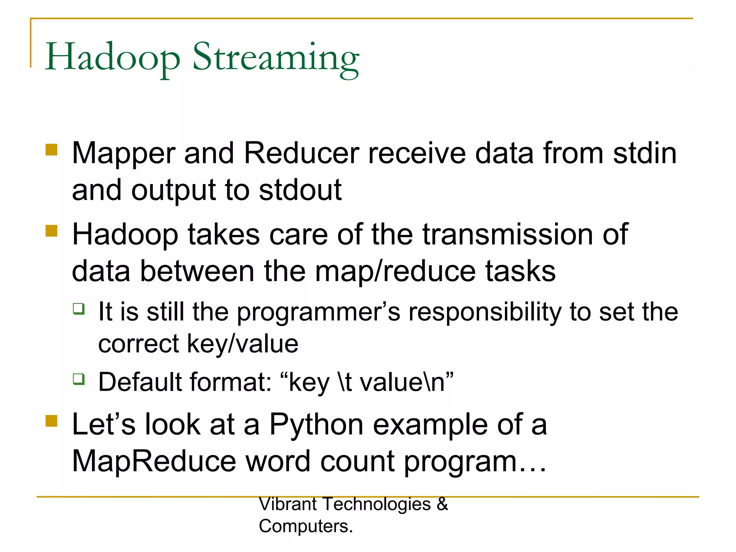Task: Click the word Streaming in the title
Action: pos(276,57)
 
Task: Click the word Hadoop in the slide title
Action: pos(112,57)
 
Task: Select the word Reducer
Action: pos(302,153)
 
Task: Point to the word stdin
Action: pos(645,153)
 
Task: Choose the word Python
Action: pos(316,425)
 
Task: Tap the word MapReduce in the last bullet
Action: pos(154,461)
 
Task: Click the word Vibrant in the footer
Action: pos(287,504)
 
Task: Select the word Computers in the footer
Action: pos(304,526)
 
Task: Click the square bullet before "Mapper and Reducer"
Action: pos(52,149)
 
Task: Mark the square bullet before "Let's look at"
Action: pos(52,421)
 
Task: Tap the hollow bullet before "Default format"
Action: pos(79,379)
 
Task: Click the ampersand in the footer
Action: pos(442,504)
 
